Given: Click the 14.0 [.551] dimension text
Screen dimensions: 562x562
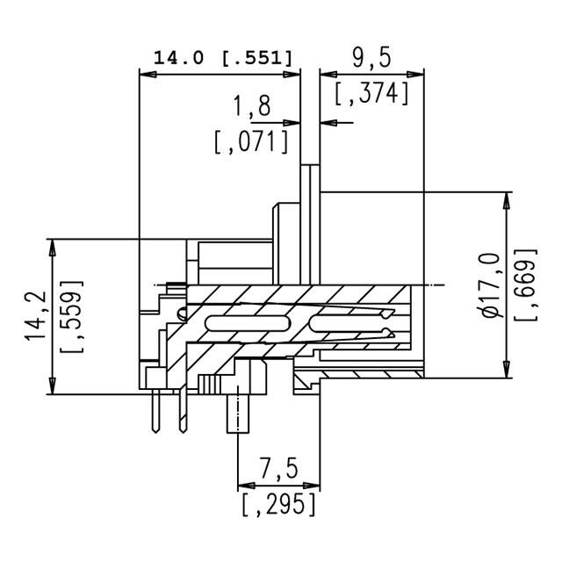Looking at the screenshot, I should [x=223, y=58].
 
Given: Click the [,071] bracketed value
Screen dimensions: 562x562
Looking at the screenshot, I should [x=252, y=141].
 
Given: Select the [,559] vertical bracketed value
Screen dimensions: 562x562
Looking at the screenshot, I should [x=70, y=317].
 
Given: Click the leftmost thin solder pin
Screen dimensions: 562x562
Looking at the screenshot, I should [x=155, y=413].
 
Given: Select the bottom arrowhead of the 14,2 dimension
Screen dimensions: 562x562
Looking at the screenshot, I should [x=52, y=386].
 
